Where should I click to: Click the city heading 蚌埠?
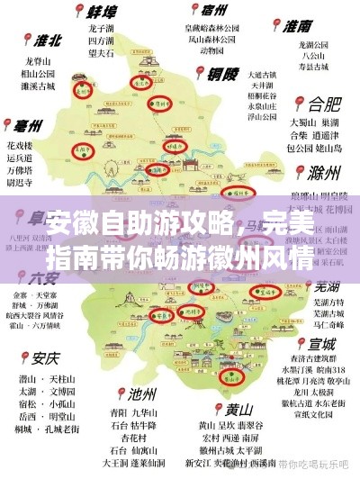106,13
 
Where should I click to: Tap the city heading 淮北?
47,40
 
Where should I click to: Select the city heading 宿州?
214,11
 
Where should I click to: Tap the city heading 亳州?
32,126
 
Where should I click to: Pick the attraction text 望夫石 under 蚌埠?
101,53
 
